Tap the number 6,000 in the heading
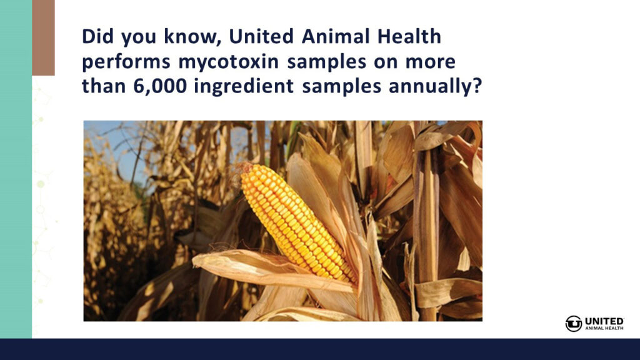[x=160, y=86]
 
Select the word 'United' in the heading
[x=261, y=36]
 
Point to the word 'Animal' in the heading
[x=336, y=36]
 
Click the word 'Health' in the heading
[x=409, y=36]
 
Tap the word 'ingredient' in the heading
[x=244, y=87]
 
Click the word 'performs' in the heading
[x=126, y=62]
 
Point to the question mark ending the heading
[x=477, y=86]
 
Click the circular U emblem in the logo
[x=574, y=324]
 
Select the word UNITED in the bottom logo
[x=604, y=321]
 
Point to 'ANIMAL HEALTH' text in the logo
[x=604, y=327]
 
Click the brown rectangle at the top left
[x=43, y=37]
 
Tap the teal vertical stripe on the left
[x=16, y=169]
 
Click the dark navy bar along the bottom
[x=320, y=349]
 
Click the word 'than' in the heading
[x=104, y=86]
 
